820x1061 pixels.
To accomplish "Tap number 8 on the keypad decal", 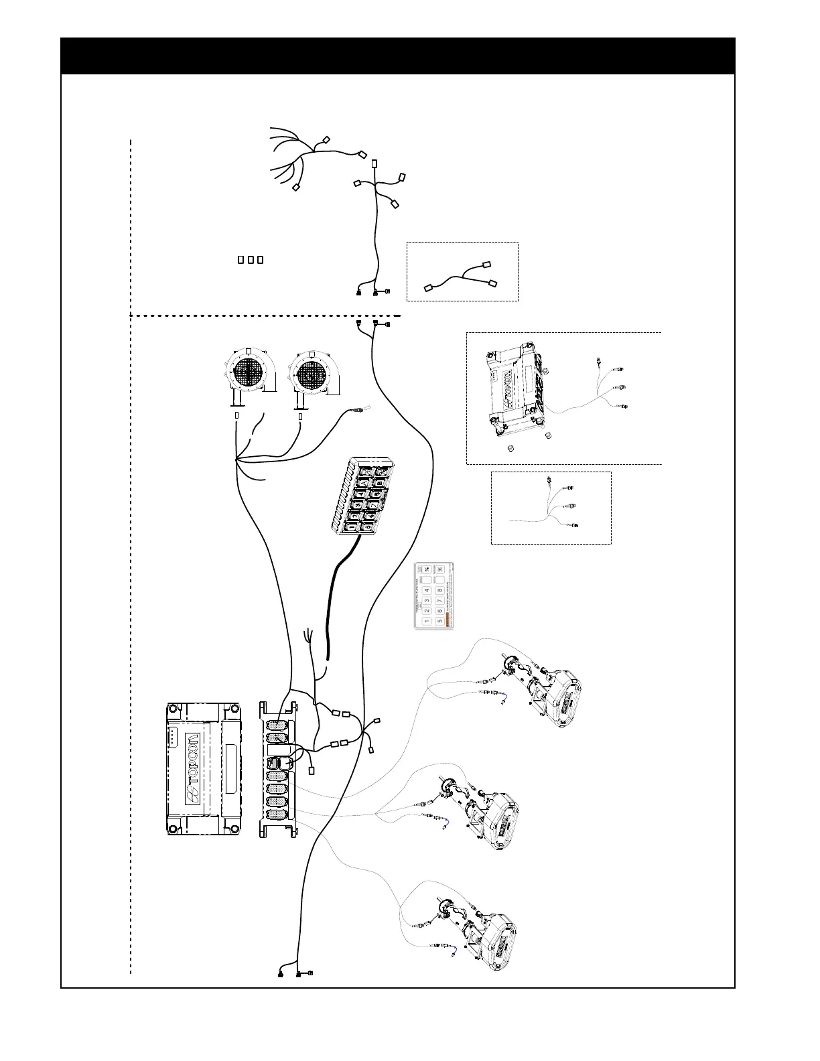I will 439,590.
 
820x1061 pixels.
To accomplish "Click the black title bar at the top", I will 398,56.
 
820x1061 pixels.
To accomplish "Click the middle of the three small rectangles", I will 251,259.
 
